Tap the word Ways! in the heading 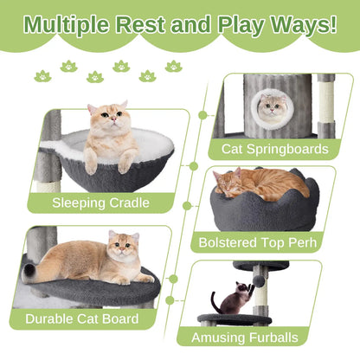(x=300, y=22)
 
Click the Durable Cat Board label (x=81, y=318)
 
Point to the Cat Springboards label (x=275, y=148)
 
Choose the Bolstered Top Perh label (x=264, y=244)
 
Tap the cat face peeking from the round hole (x=274, y=107)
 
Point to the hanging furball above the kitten (x=258, y=283)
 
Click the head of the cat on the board (x=123, y=247)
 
